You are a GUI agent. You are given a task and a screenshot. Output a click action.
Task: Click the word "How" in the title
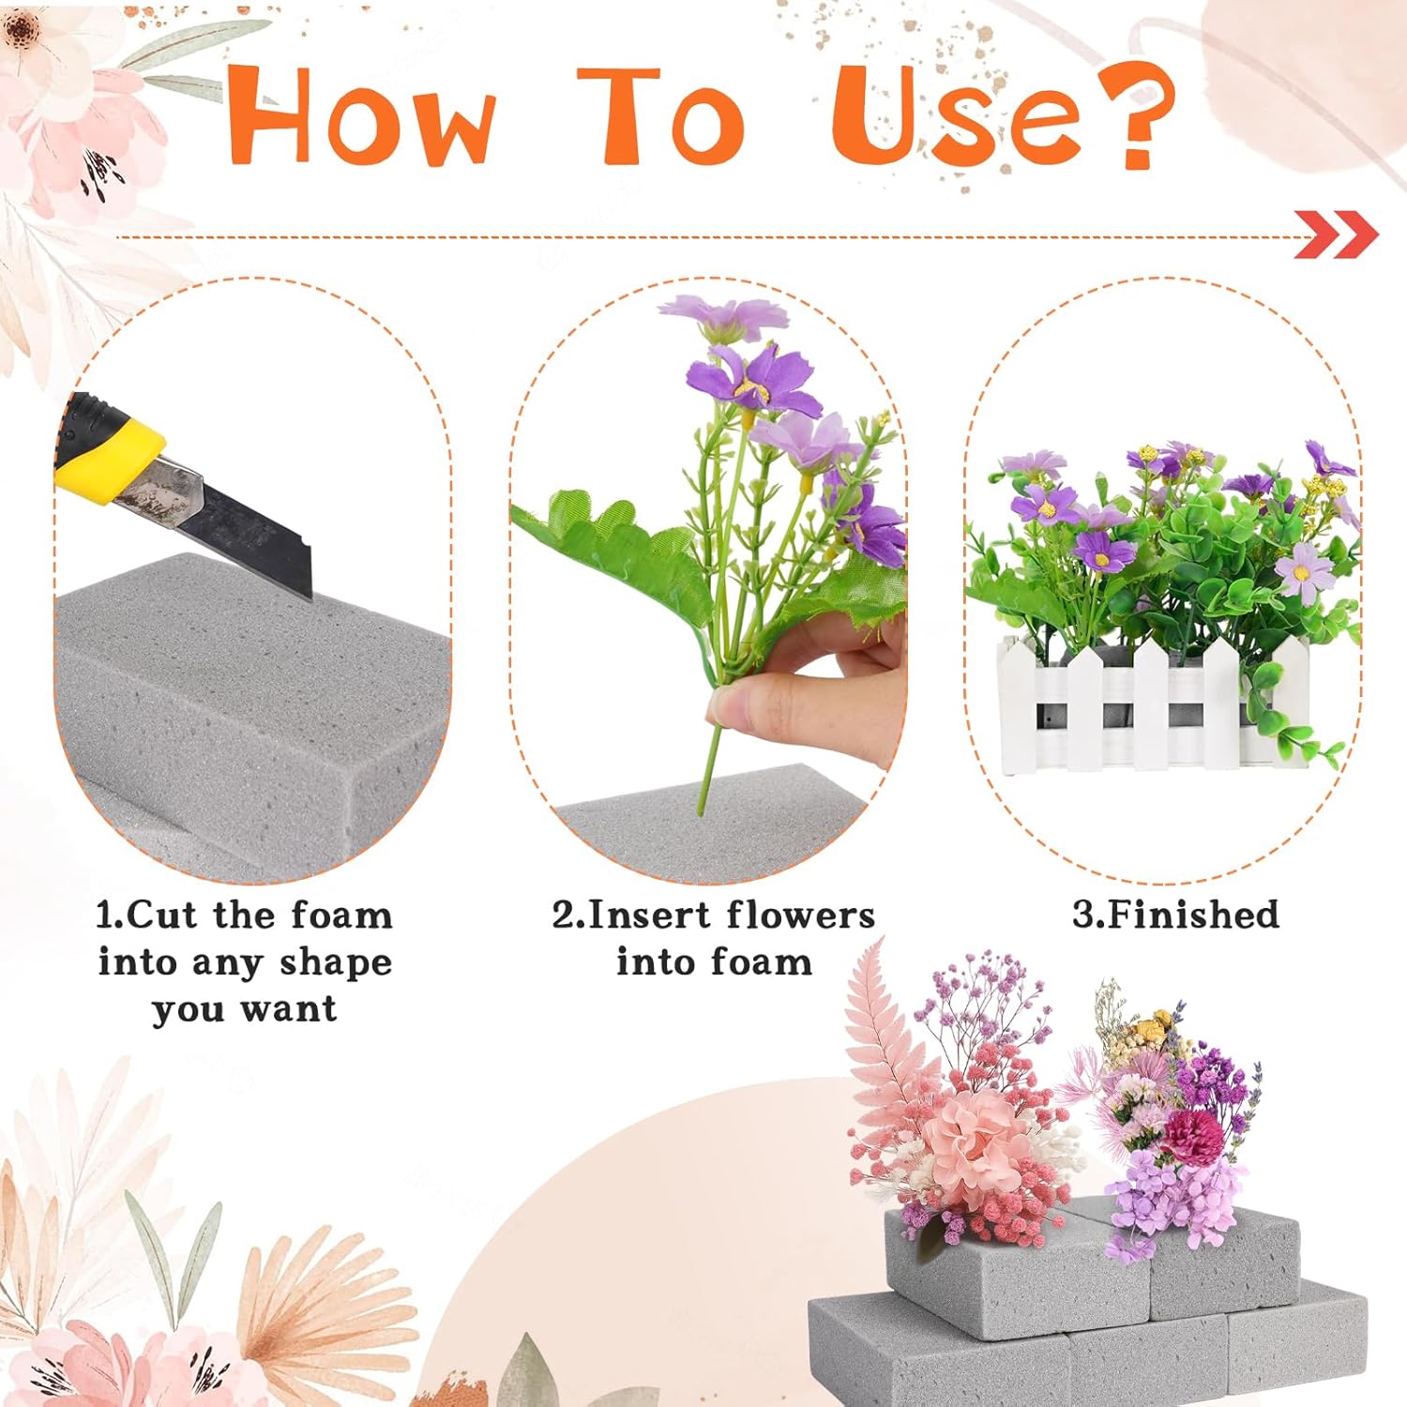pyautogui.click(x=361, y=116)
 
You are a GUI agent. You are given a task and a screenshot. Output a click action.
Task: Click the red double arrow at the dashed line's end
pyautogui.click(x=1336, y=234)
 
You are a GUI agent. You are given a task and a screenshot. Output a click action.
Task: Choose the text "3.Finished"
pyautogui.click(x=1175, y=915)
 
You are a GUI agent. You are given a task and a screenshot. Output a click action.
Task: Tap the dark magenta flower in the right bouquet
pyautogui.click(x=1192, y=1136)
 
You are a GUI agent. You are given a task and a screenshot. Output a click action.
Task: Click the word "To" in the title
pyautogui.click(x=661, y=116)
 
